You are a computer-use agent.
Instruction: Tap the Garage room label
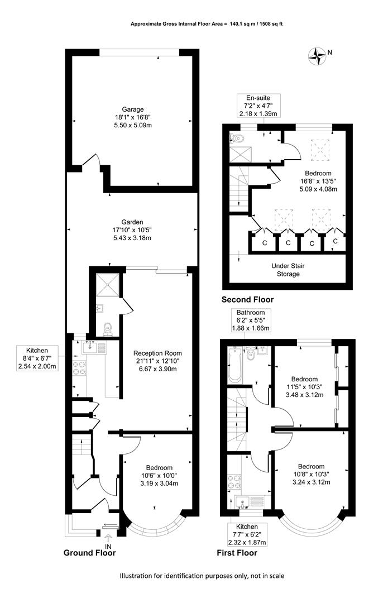(x=133, y=109)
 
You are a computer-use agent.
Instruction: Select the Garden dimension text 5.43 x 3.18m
(x=132, y=238)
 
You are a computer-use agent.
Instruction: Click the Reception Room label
(x=157, y=353)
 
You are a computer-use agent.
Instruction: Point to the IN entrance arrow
(x=108, y=538)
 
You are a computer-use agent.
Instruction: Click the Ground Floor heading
(x=89, y=553)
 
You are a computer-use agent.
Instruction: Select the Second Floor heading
(x=248, y=300)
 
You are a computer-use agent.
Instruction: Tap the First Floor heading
(x=237, y=553)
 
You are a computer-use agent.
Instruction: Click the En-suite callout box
(x=258, y=106)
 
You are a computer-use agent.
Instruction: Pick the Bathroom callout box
(x=251, y=320)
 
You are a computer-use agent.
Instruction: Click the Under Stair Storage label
(x=288, y=270)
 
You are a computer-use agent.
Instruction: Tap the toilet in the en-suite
(x=235, y=137)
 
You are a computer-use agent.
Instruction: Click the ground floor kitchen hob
(x=79, y=368)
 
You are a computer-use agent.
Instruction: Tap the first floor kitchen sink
(x=242, y=502)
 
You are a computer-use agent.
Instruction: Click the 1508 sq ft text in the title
(x=271, y=24)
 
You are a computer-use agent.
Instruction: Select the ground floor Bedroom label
(x=159, y=467)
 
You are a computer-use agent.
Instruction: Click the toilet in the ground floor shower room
(x=108, y=328)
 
